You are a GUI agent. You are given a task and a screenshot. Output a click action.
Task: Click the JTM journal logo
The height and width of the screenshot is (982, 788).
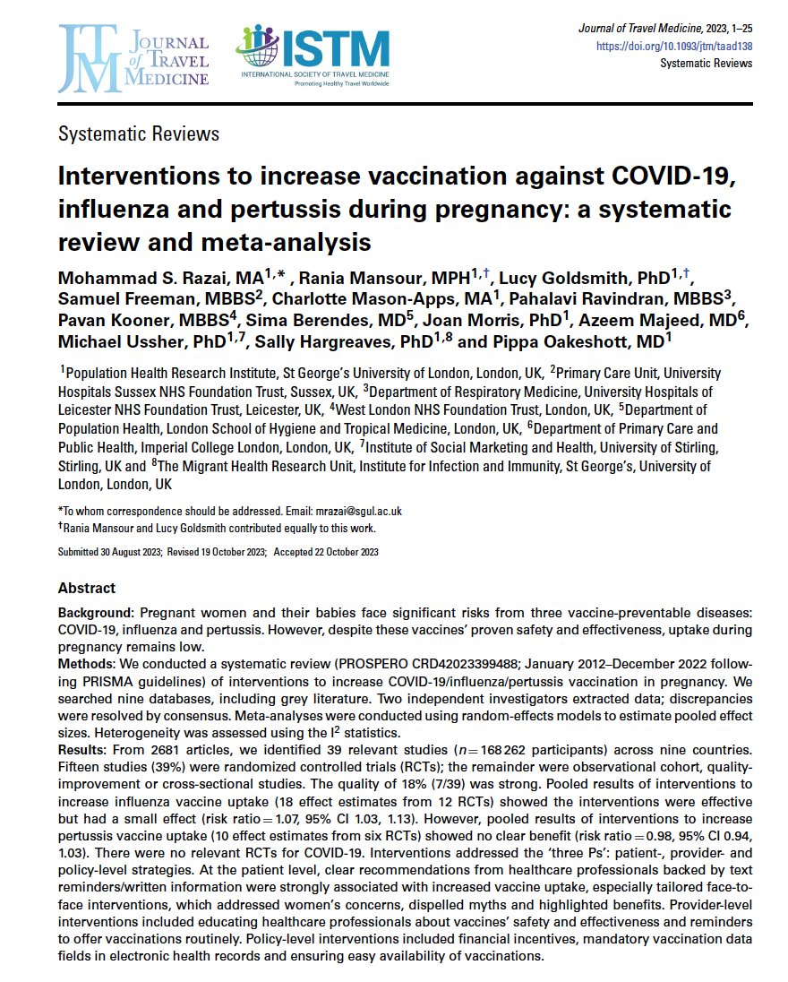133,59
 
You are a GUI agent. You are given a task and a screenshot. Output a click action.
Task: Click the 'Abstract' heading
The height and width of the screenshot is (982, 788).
87,589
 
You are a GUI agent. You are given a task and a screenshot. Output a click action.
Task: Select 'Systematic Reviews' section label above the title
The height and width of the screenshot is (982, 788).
138,134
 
